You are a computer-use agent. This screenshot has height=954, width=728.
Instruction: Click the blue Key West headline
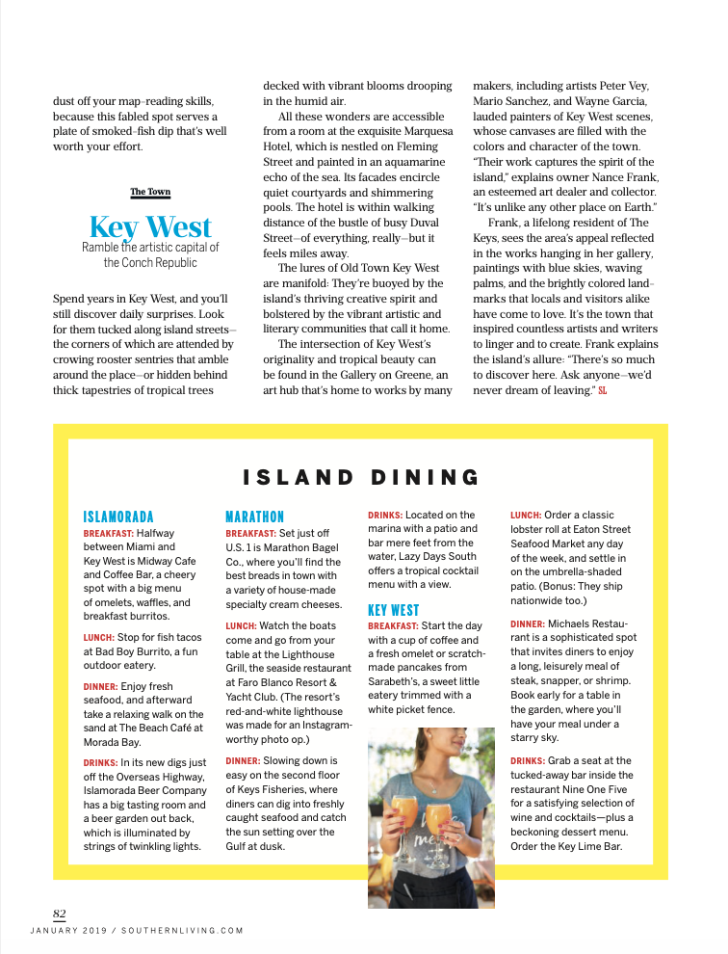(150, 227)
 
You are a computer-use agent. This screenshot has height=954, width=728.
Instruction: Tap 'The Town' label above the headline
(150, 192)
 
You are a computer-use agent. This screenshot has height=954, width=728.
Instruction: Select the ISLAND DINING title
(361, 477)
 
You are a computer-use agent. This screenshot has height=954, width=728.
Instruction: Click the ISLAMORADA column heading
(118, 517)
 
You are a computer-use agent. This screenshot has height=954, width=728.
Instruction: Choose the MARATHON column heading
(254, 517)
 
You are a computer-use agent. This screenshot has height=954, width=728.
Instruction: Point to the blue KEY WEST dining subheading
(393, 610)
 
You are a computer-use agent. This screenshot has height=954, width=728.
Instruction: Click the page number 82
(59, 914)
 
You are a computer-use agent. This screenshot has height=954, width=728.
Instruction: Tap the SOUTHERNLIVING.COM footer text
(183, 931)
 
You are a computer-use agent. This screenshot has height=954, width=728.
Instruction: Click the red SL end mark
(603, 390)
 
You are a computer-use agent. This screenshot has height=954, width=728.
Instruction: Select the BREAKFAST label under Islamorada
(109, 532)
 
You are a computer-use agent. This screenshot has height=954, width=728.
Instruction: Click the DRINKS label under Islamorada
(100, 762)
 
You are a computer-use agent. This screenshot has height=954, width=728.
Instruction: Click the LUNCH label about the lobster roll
(527, 516)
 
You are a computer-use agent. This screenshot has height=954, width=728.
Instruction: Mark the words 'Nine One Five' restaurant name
(597, 788)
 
